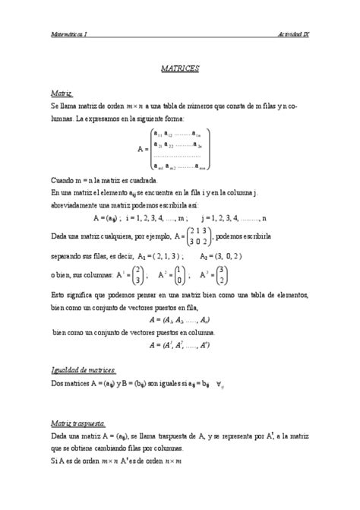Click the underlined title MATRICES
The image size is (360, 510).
[180, 68]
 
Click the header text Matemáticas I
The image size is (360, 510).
[69, 35]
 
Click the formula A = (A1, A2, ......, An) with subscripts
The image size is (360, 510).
[180, 322]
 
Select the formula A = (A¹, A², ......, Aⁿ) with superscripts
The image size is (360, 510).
[180, 346]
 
